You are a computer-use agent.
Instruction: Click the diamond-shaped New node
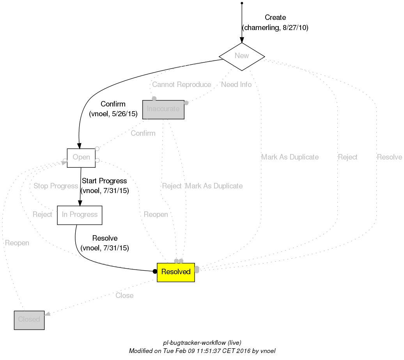[242, 56]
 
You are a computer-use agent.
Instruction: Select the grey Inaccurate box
[163, 109]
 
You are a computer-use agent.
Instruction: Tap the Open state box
[81, 158]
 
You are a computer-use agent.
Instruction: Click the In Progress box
[80, 215]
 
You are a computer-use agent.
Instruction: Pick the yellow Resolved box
[175, 272]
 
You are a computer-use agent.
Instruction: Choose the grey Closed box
[29, 320]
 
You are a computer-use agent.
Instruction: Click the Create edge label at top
[275, 18]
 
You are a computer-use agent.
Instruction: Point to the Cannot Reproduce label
[181, 85]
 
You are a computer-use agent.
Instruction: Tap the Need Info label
[236, 85]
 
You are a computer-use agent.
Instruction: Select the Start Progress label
[104, 181]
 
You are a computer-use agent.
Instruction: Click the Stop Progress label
[56, 186]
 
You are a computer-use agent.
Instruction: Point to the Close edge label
[124, 296]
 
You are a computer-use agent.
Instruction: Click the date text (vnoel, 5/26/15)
[113, 114]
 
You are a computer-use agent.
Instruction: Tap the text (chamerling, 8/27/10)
[275, 28]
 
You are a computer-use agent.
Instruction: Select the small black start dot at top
[242, 3]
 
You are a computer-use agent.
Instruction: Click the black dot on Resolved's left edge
[155, 271]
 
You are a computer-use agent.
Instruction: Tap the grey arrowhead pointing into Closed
[47, 314]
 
